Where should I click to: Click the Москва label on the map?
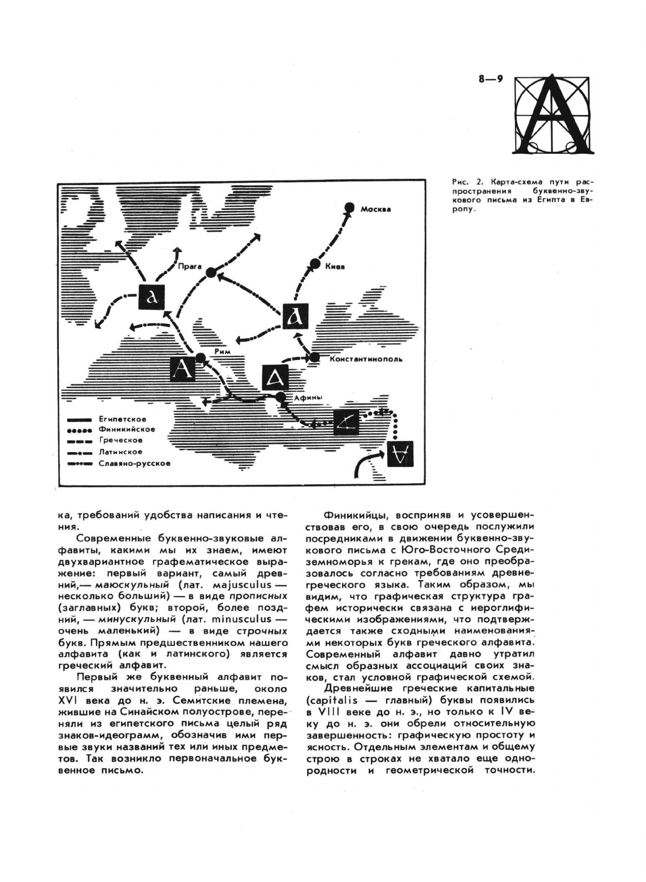pyautogui.click(x=375, y=209)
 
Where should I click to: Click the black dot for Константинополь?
pyautogui.click(x=314, y=358)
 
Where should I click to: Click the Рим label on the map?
pyautogui.click(x=223, y=352)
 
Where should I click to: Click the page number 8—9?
pyautogui.click(x=490, y=79)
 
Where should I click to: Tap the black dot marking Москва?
pyautogui.click(x=349, y=207)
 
